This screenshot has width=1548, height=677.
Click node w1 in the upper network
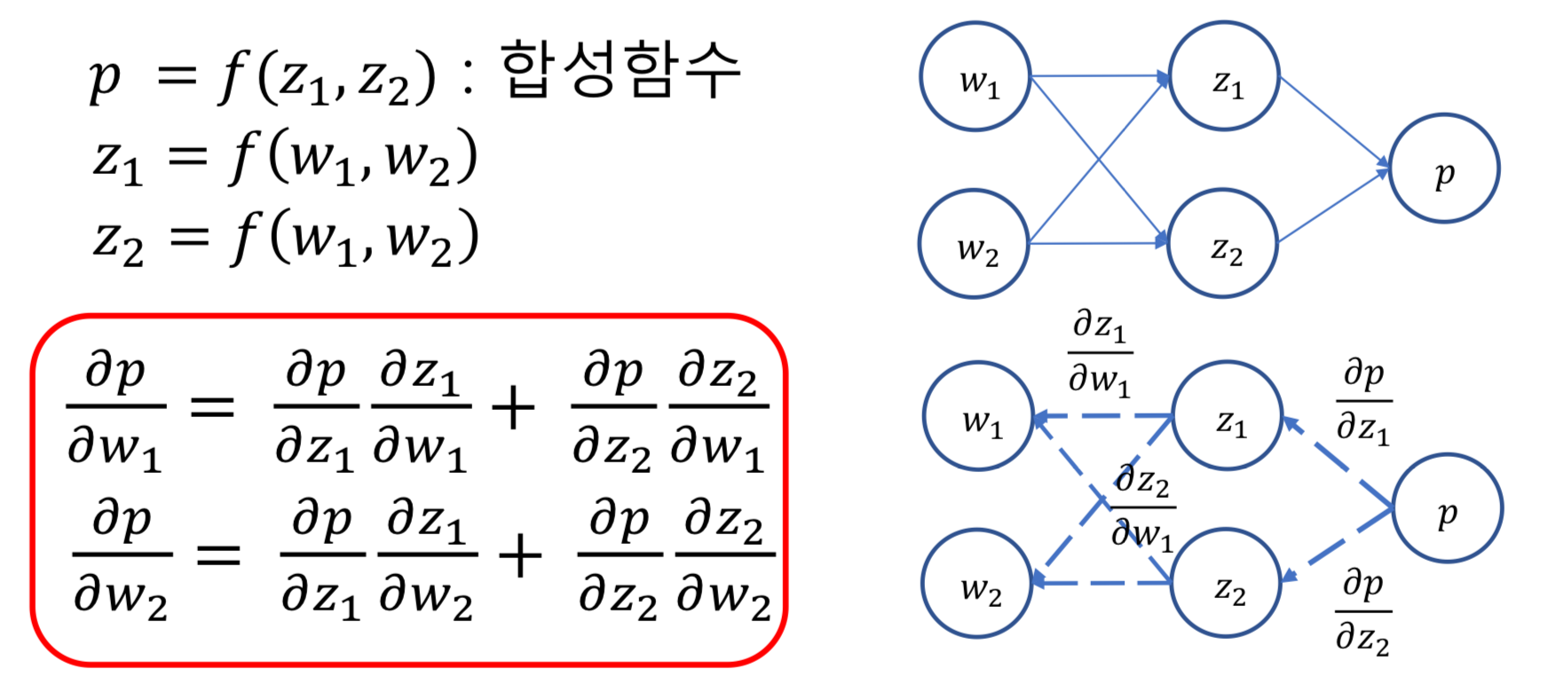(x=975, y=77)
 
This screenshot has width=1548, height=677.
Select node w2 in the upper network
(x=974, y=244)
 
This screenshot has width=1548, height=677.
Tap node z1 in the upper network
(x=1225, y=77)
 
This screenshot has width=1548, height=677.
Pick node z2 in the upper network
(x=1223, y=244)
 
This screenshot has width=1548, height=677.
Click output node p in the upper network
(x=1444, y=169)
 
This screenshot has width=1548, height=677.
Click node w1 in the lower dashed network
(x=978, y=416)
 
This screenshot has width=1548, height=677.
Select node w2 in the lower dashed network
(x=977, y=584)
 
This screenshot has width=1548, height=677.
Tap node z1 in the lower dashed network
(x=1228, y=416)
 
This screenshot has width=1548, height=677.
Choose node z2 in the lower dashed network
(x=1227, y=584)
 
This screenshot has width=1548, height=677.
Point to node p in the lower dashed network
(x=1448, y=509)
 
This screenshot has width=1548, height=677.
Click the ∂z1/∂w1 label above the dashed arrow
(x=1099, y=353)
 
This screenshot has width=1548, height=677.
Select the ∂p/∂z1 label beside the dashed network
(x=1363, y=401)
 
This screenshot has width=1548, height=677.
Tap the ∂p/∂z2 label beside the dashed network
(x=1363, y=612)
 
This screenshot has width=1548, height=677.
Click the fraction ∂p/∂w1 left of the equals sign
(x=115, y=408)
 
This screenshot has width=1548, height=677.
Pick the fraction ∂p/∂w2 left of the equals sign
(x=121, y=556)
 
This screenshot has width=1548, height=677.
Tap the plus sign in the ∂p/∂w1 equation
(x=513, y=409)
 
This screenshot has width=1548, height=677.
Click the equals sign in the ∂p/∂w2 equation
(x=218, y=556)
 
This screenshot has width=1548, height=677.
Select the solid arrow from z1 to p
(x=1333, y=122)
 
